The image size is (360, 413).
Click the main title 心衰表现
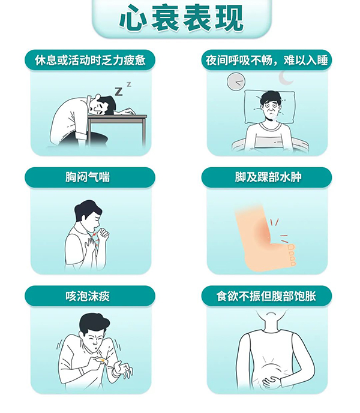click(181, 18)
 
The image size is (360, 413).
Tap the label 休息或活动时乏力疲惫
click(90, 61)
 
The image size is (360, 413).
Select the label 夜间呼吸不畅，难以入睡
click(266, 61)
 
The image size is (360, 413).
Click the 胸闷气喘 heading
click(88, 177)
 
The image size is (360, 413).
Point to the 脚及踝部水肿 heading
click(268, 177)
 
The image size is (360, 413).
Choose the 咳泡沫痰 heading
click(88, 296)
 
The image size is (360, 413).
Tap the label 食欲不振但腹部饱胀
click(266, 296)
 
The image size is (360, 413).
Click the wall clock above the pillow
click(236, 82)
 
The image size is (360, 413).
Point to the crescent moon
click(286, 78)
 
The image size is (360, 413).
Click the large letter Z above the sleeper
click(119, 91)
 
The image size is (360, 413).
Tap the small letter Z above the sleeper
click(129, 85)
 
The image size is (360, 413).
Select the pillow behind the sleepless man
click(270, 107)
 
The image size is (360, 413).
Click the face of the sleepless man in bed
click(270, 108)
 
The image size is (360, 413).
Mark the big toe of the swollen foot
click(291, 248)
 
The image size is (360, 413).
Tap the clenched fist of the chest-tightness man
click(104, 233)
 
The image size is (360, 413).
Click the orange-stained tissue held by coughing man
click(103, 360)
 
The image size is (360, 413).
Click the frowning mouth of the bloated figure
click(271, 313)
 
